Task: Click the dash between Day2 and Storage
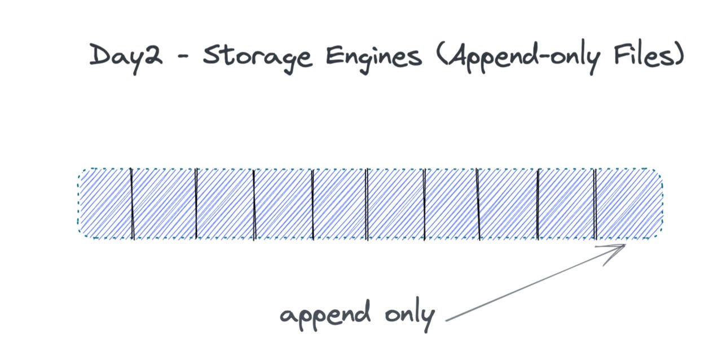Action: coord(182,59)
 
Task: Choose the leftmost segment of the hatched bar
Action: coord(105,203)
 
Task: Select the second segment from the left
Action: coord(164,203)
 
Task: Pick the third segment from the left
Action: coord(225,203)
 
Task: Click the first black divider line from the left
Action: coord(132,203)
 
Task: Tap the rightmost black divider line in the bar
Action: coord(596,203)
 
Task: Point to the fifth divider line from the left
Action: coord(367,203)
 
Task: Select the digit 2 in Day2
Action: coord(151,56)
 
